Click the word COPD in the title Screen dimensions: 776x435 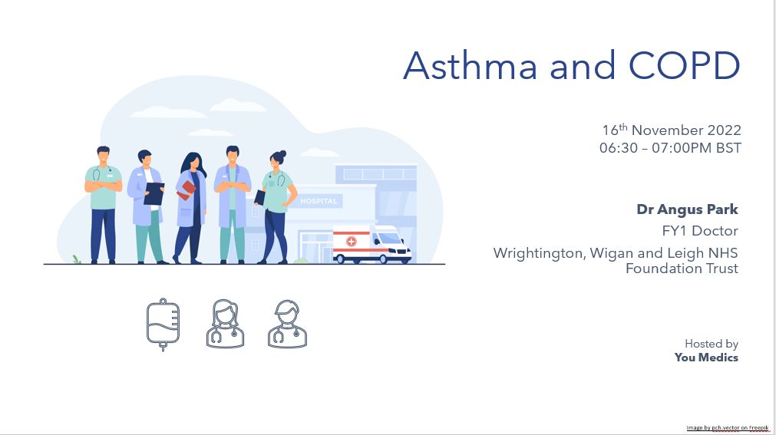coord(684,65)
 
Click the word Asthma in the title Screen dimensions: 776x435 coord(471,65)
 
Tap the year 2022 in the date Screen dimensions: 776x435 coord(724,130)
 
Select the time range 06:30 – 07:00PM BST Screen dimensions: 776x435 coord(670,148)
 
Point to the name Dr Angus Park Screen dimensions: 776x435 coord(687,209)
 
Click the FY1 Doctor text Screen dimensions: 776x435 coord(700,231)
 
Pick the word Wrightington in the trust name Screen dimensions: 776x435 coord(540,253)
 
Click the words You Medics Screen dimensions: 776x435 coord(706,358)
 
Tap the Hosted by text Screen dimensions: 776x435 coord(712,344)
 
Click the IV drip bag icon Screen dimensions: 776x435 coord(163,325)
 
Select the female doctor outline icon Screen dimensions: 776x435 coord(225,325)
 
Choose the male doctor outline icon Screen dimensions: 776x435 coord(287,325)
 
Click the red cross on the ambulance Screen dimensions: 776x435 coord(351,242)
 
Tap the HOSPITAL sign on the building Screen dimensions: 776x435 coord(319,201)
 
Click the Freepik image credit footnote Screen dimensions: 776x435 coord(728,427)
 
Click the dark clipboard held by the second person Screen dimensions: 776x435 coord(154,193)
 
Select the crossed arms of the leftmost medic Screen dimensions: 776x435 coord(103,186)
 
